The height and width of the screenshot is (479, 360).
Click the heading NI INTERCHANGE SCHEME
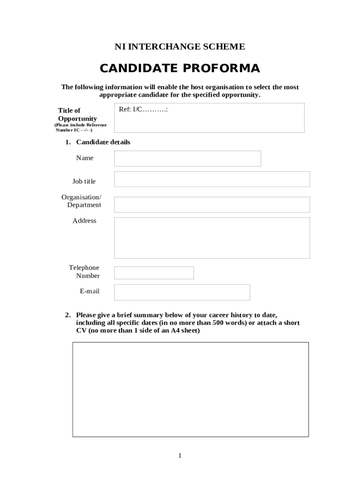(180, 47)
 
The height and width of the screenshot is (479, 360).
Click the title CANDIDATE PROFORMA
(180, 69)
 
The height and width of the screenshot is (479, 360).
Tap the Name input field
(187, 159)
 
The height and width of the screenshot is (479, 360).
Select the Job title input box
(212, 179)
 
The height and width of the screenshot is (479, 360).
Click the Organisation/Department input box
(212, 204)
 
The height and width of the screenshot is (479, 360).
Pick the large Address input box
(212, 238)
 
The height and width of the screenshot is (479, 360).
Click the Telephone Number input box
(154, 273)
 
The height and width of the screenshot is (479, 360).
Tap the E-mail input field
(182, 292)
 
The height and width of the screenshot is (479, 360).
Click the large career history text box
(190, 389)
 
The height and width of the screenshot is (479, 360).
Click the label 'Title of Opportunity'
(77, 115)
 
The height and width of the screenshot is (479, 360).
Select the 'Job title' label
(84, 181)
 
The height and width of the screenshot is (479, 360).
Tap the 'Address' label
(84, 221)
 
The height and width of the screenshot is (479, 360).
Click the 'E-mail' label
(89, 291)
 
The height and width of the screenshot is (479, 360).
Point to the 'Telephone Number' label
(85, 271)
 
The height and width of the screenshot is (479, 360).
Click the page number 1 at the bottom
(180, 456)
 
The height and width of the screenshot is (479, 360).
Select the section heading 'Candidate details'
(103, 142)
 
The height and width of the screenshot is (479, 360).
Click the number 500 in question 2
(219, 323)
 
